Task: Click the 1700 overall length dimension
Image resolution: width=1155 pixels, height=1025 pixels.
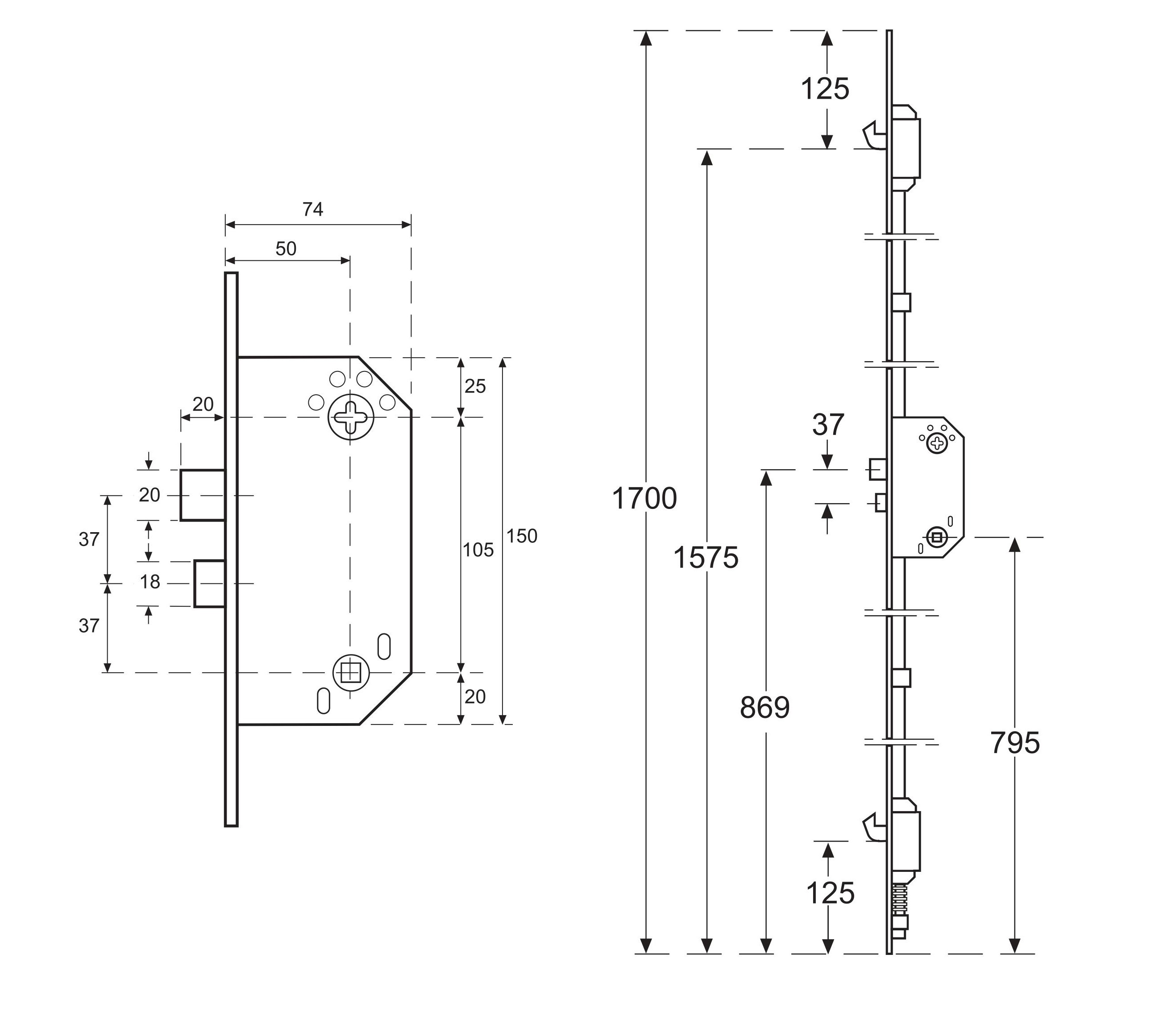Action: point(644,499)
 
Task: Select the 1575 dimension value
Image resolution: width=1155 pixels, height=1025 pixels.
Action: point(706,558)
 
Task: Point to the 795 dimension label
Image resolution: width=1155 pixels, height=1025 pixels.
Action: point(1015,743)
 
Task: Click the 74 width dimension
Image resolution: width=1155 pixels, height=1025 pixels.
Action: point(312,210)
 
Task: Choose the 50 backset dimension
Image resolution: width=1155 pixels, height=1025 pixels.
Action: point(286,249)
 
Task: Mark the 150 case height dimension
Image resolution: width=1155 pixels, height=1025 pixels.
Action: point(522,536)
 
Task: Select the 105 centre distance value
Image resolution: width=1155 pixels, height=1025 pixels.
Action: point(478,550)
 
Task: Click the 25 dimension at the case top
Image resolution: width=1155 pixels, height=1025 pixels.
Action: point(475,387)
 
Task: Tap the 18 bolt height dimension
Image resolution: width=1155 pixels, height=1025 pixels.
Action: point(150,582)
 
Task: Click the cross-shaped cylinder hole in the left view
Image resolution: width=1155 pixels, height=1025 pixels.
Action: point(351,417)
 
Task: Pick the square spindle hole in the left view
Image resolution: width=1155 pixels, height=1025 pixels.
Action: point(350,672)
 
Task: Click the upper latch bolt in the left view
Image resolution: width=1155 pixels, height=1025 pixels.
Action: point(202,495)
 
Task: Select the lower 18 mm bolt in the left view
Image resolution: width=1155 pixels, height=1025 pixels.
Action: point(210,583)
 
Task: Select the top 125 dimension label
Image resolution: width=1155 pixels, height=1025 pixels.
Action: point(825,89)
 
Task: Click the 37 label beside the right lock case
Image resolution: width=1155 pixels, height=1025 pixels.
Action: point(828,425)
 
